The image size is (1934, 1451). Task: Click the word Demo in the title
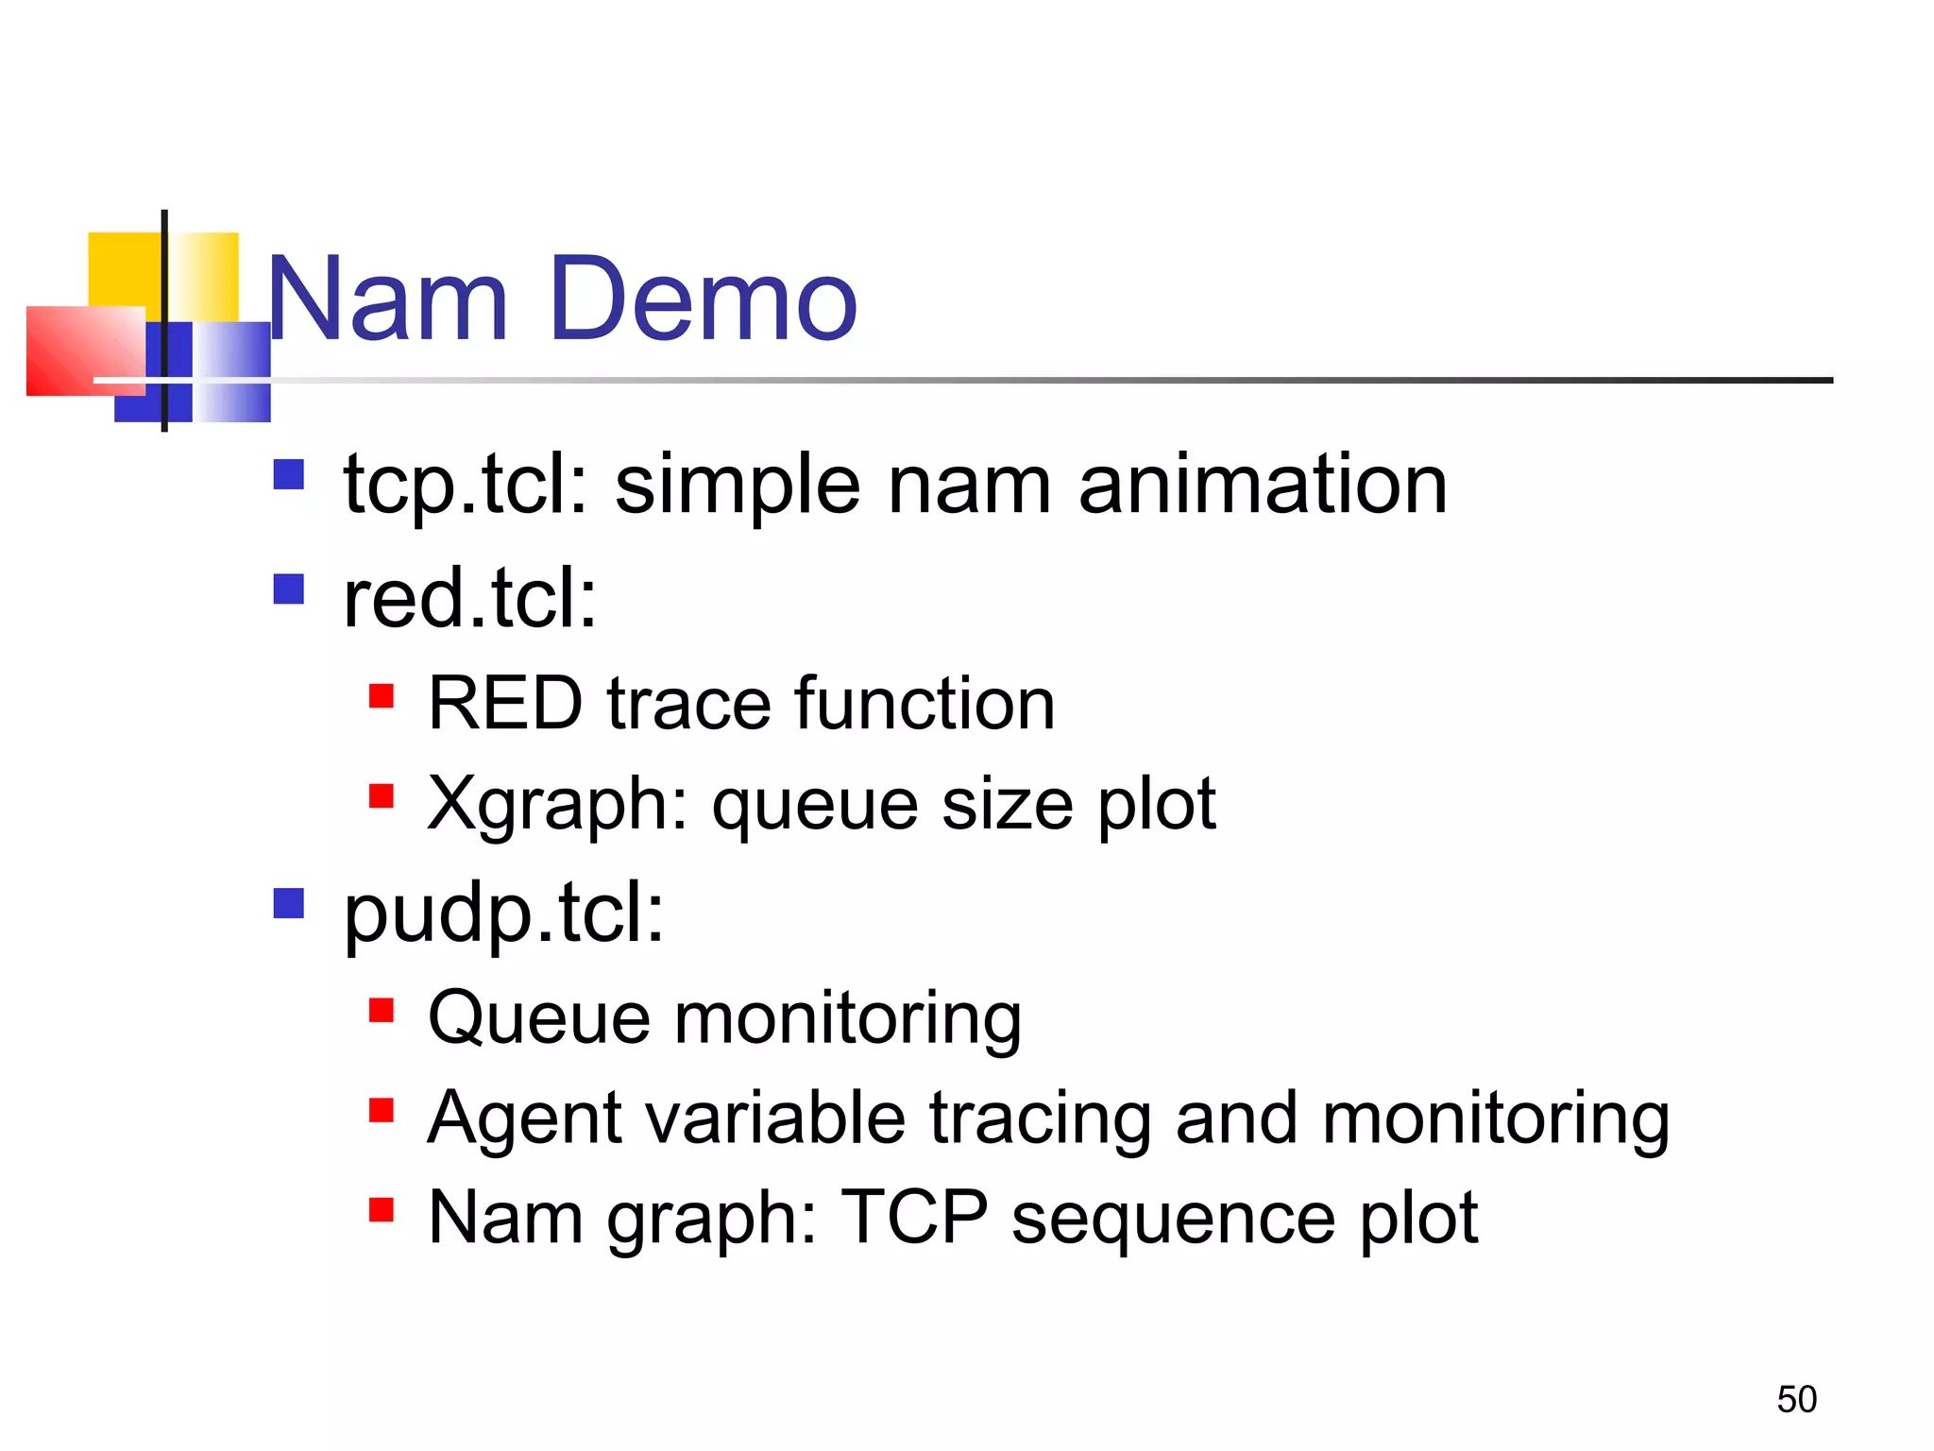tap(703, 300)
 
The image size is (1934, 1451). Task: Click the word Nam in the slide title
tap(388, 300)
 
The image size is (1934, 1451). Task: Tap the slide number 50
tap(1796, 1399)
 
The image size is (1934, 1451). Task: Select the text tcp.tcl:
tap(466, 485)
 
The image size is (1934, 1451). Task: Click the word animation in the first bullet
tap(1263, 485)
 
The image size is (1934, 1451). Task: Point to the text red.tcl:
tap(470, 598)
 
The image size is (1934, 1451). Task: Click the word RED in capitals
tap(505, 704)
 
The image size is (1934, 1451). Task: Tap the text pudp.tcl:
tap(503, 914)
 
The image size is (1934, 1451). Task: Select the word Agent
tap(524, 1119)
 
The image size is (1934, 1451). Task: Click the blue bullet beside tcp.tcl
tap(288, 473)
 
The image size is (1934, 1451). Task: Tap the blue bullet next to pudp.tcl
tap(288, 903)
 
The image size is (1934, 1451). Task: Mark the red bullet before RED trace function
tap(381, 696)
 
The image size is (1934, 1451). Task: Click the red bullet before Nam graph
tap(381, 1209)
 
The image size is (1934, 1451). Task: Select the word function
tap(925, 704)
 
